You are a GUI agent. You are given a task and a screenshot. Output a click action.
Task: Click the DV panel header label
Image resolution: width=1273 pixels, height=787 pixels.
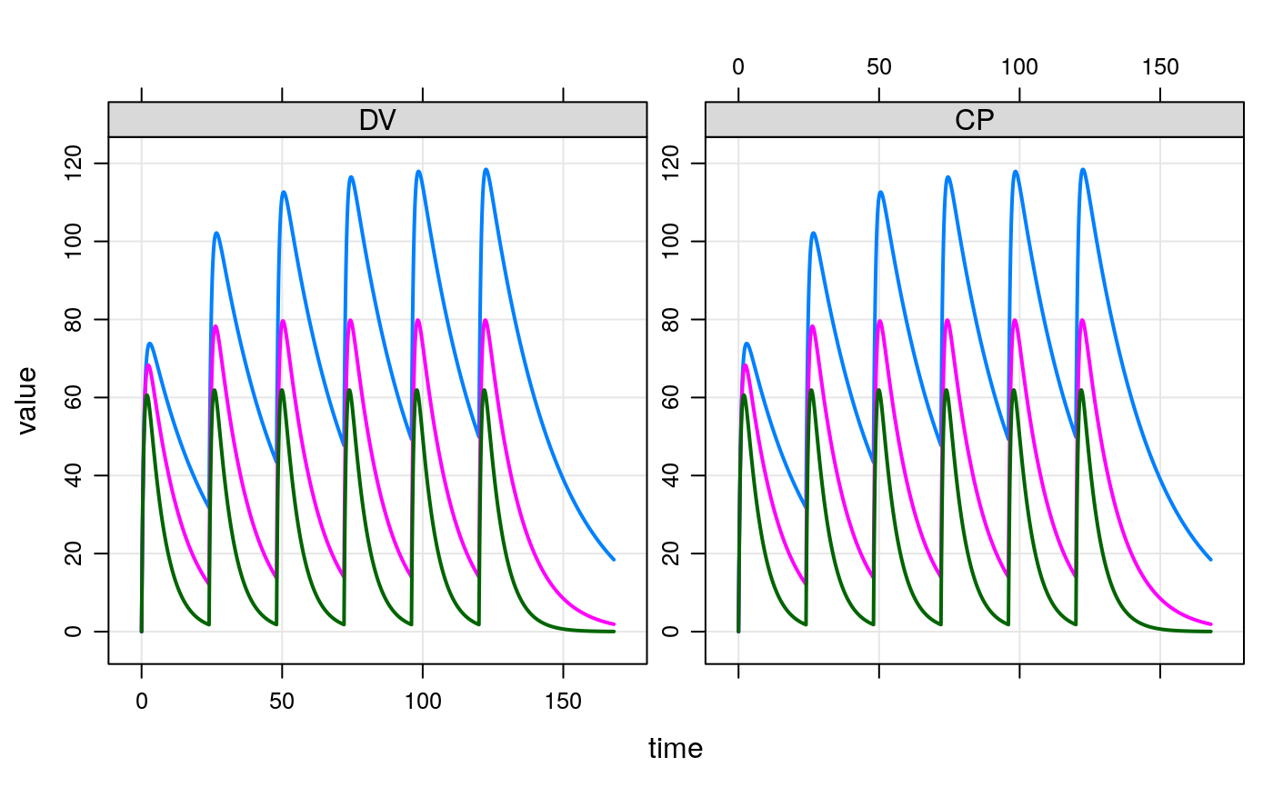pos(377,121)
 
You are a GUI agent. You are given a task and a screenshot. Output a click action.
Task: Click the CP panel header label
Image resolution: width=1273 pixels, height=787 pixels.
pos(974,121)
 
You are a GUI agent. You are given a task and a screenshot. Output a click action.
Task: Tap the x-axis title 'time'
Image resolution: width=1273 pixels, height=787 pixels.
pos(676,749)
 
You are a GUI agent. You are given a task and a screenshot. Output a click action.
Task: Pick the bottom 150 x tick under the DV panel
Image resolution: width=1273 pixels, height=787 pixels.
pos(563,702)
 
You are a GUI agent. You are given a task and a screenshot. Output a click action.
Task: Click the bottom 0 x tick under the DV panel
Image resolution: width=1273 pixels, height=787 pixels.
pos(142,702)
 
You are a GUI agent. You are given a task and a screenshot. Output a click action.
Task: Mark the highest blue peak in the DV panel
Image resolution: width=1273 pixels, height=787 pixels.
pos(486,169)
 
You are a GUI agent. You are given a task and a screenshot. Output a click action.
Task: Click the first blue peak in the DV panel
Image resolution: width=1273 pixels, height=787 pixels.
pos(150,344)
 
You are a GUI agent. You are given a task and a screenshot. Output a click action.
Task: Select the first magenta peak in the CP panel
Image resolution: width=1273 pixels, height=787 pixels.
pos(746,365)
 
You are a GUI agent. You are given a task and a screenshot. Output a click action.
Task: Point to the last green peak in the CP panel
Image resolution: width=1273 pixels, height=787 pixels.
pos(1081,390)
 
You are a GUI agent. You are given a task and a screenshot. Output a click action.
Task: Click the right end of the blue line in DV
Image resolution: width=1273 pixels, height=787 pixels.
pos(615,559)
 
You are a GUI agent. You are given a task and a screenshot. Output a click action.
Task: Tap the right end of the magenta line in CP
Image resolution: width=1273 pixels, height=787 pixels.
pos(1211,624)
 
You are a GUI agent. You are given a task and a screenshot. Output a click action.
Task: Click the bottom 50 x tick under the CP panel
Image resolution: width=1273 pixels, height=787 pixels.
pos(879,702)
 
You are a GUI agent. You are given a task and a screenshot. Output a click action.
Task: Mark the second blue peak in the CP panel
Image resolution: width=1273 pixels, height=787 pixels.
pos(813,233)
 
